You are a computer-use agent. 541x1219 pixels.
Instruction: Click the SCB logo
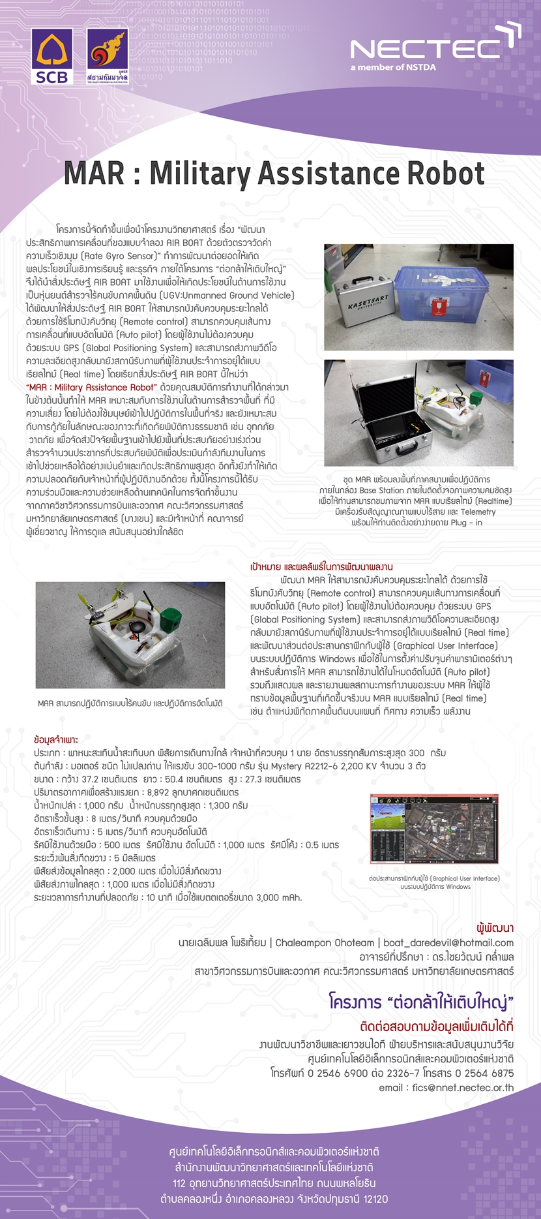point(51,56)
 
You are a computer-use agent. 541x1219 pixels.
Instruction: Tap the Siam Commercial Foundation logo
point(108,56)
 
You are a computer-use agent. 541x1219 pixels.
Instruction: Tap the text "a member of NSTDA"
point(392,67)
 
